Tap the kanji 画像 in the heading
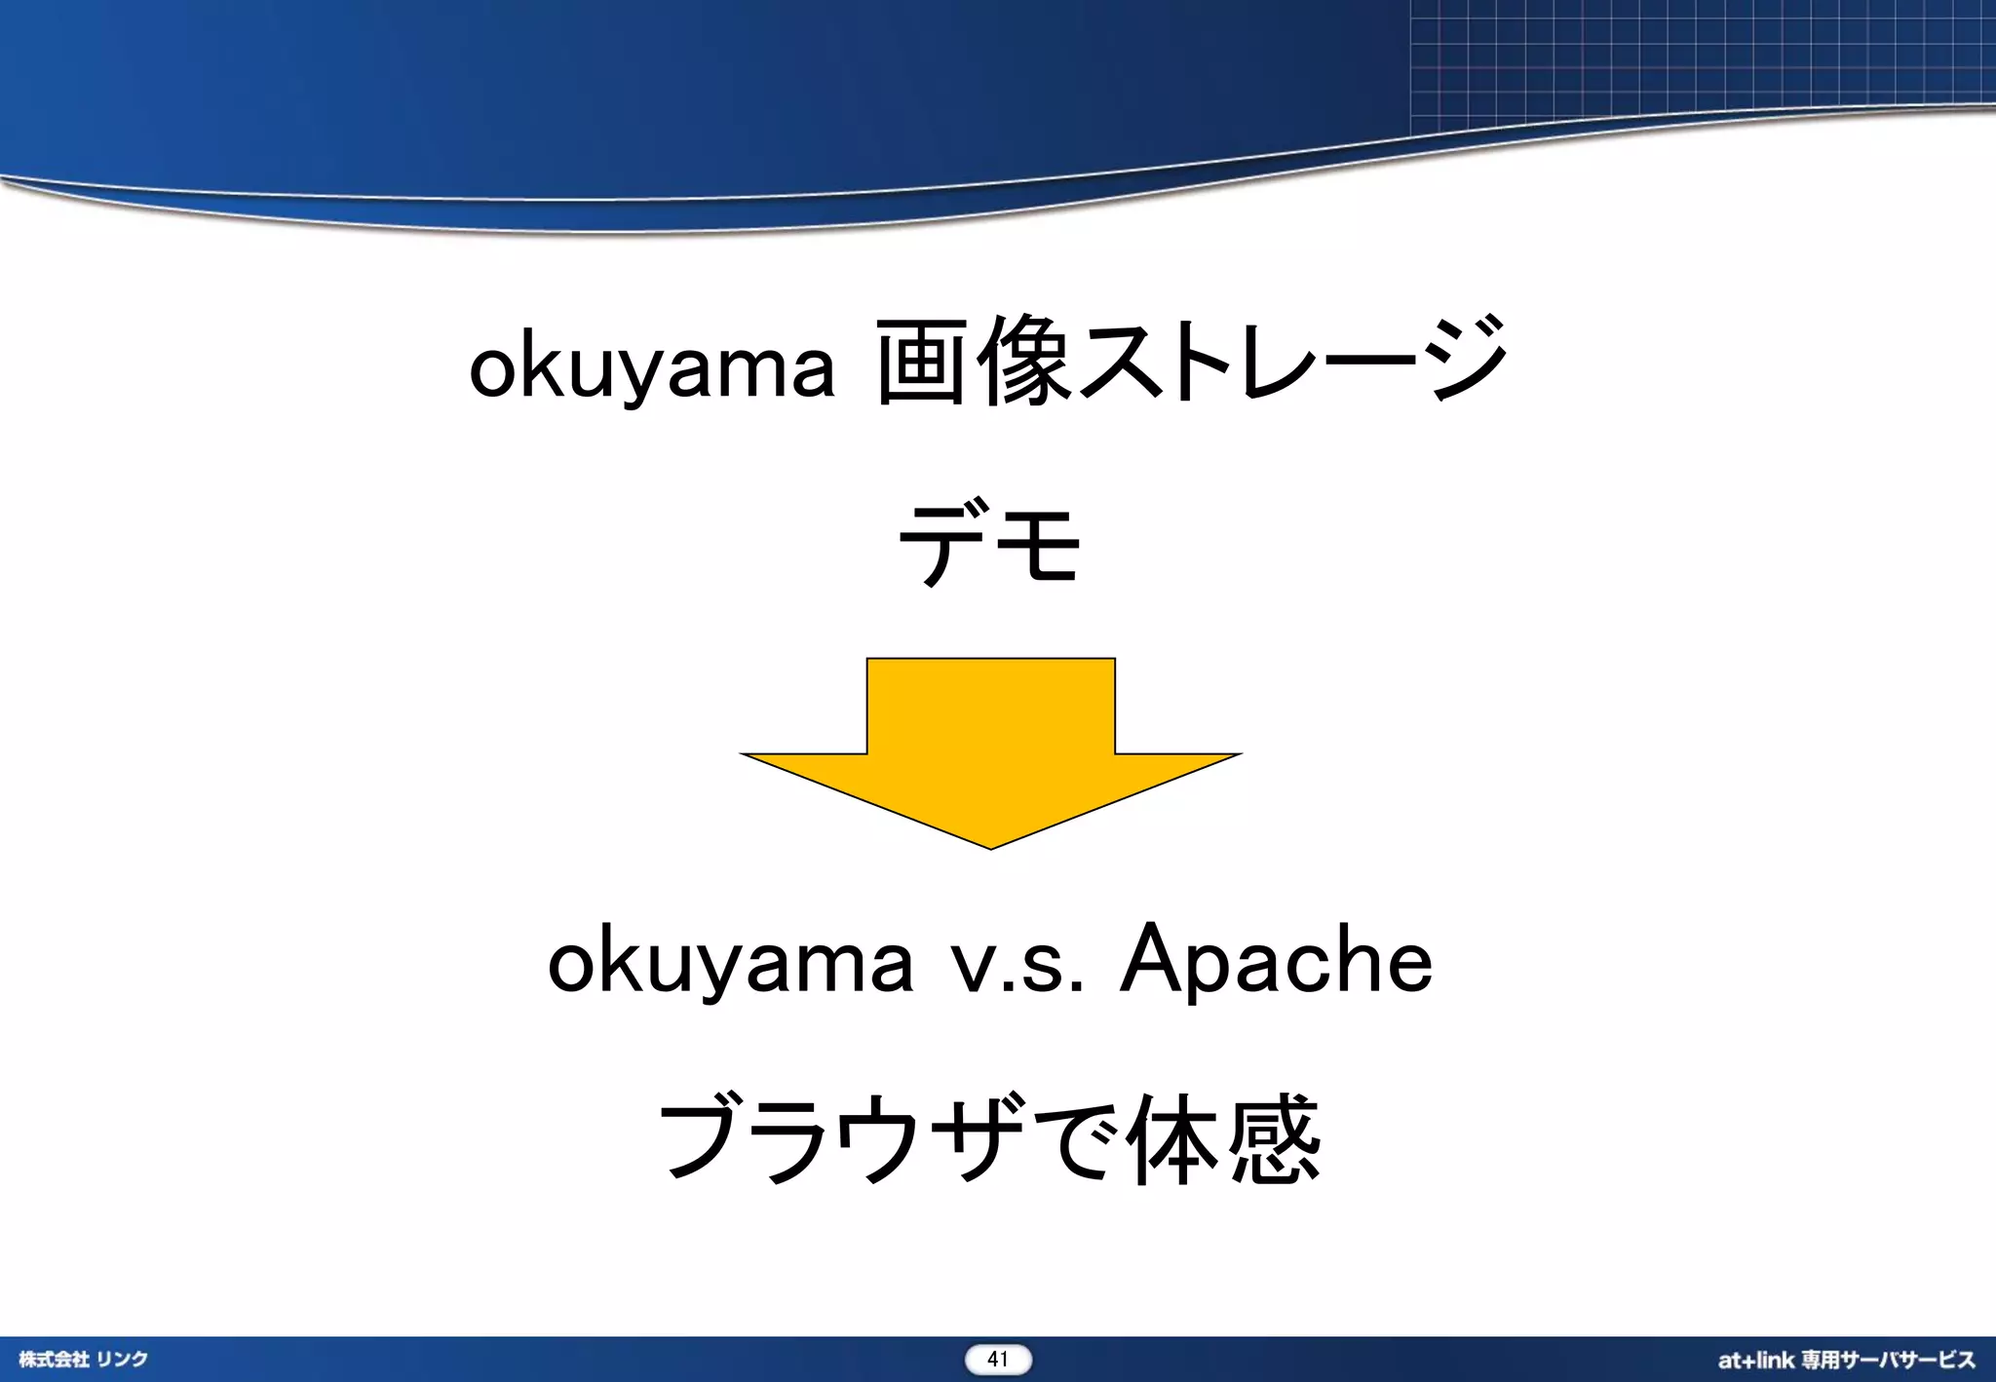tap(975, 361)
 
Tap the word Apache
tap(1277, 961)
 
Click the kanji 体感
tap(1223, 1138)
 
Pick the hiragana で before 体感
tap(1072, 1138)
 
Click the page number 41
tap(998, 1360)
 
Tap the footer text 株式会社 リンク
tap(84, 1360)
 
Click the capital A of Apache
tap(1154, 959)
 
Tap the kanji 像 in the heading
tap(1025, 361)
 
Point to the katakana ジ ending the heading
tap(1468, 359)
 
